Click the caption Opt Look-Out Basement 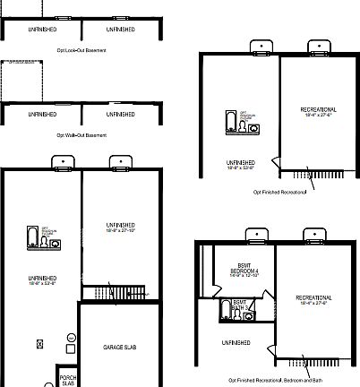[81, 51]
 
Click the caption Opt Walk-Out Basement [81, 135]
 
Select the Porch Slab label [68, 380]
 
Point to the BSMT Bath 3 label [239, 306]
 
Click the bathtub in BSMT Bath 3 [226, 311]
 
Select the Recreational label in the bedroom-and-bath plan [313, 297]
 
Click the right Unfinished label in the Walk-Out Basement [121, 115]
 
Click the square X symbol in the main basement [39, 343]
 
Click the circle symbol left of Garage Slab [72, 337]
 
